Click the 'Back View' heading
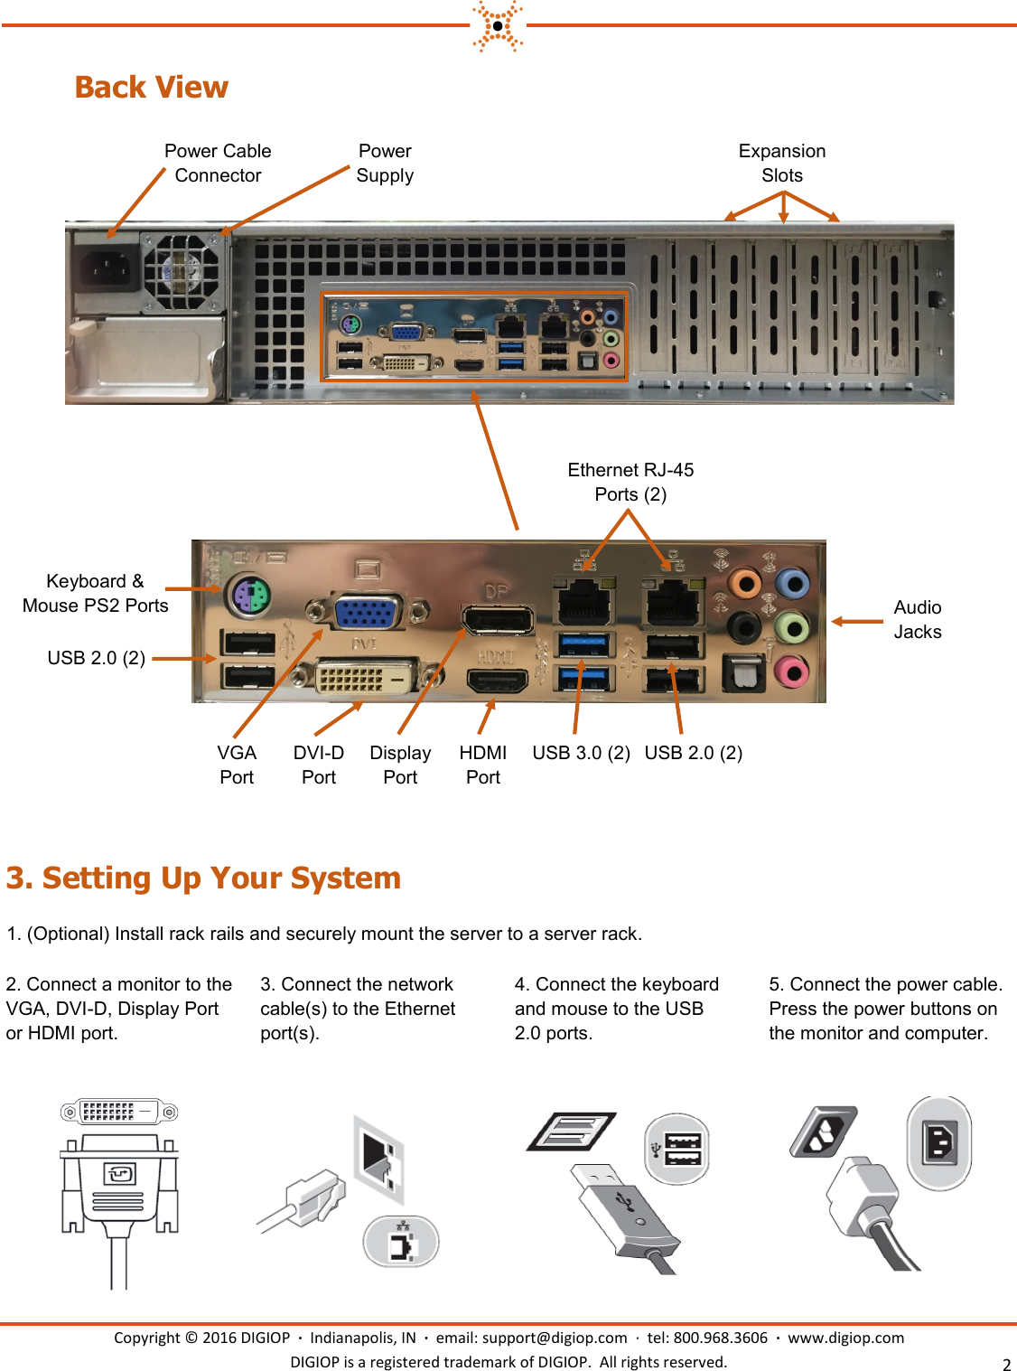(x=151, y=87)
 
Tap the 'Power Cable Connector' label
(x=218, y=164)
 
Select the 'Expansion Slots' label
(x=781, y=164)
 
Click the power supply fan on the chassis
(x=183, y=269)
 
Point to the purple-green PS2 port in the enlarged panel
(x=249, y=596)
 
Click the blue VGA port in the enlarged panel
(x=368, y=612)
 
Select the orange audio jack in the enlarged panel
(x=745, y=584)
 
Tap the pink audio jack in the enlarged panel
(x=791, y=671)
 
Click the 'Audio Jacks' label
(x=917, y=620)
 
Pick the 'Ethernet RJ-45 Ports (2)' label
(x=630, y=482)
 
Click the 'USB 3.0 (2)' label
(x=581, y=753)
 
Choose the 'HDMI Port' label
(x=482, y=765)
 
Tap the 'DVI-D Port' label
(x=318, y=765)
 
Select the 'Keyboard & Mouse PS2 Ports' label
(x=95, y=594)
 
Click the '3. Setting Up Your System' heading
(x=203, y=878)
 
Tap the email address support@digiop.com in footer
(x=554, y=1338)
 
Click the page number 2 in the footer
(x=1006, y=1365)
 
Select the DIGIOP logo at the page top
(x=498, y=25)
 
